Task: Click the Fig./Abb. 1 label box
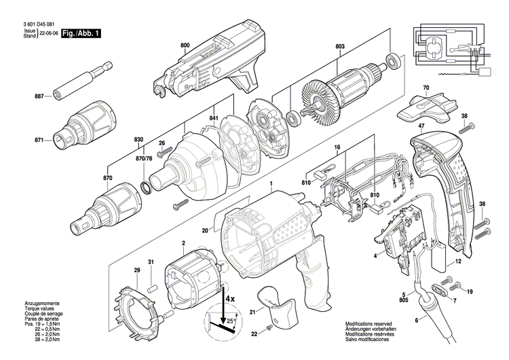79,32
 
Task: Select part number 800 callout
185,46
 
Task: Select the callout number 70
426,88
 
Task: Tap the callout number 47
421,127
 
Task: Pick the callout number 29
136,270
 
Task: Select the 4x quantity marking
229,298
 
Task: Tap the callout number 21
251,312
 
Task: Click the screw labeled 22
269,327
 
